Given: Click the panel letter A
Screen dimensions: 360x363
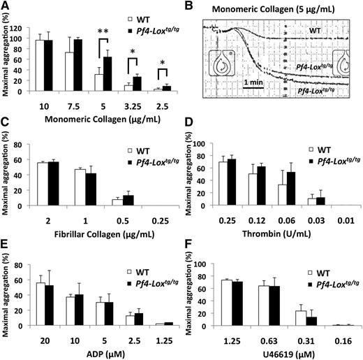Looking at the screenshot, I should point(6,6).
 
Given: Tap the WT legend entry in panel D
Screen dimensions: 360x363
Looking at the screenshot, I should point(320,150).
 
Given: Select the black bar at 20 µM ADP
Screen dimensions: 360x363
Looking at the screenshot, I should point(50,305).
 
